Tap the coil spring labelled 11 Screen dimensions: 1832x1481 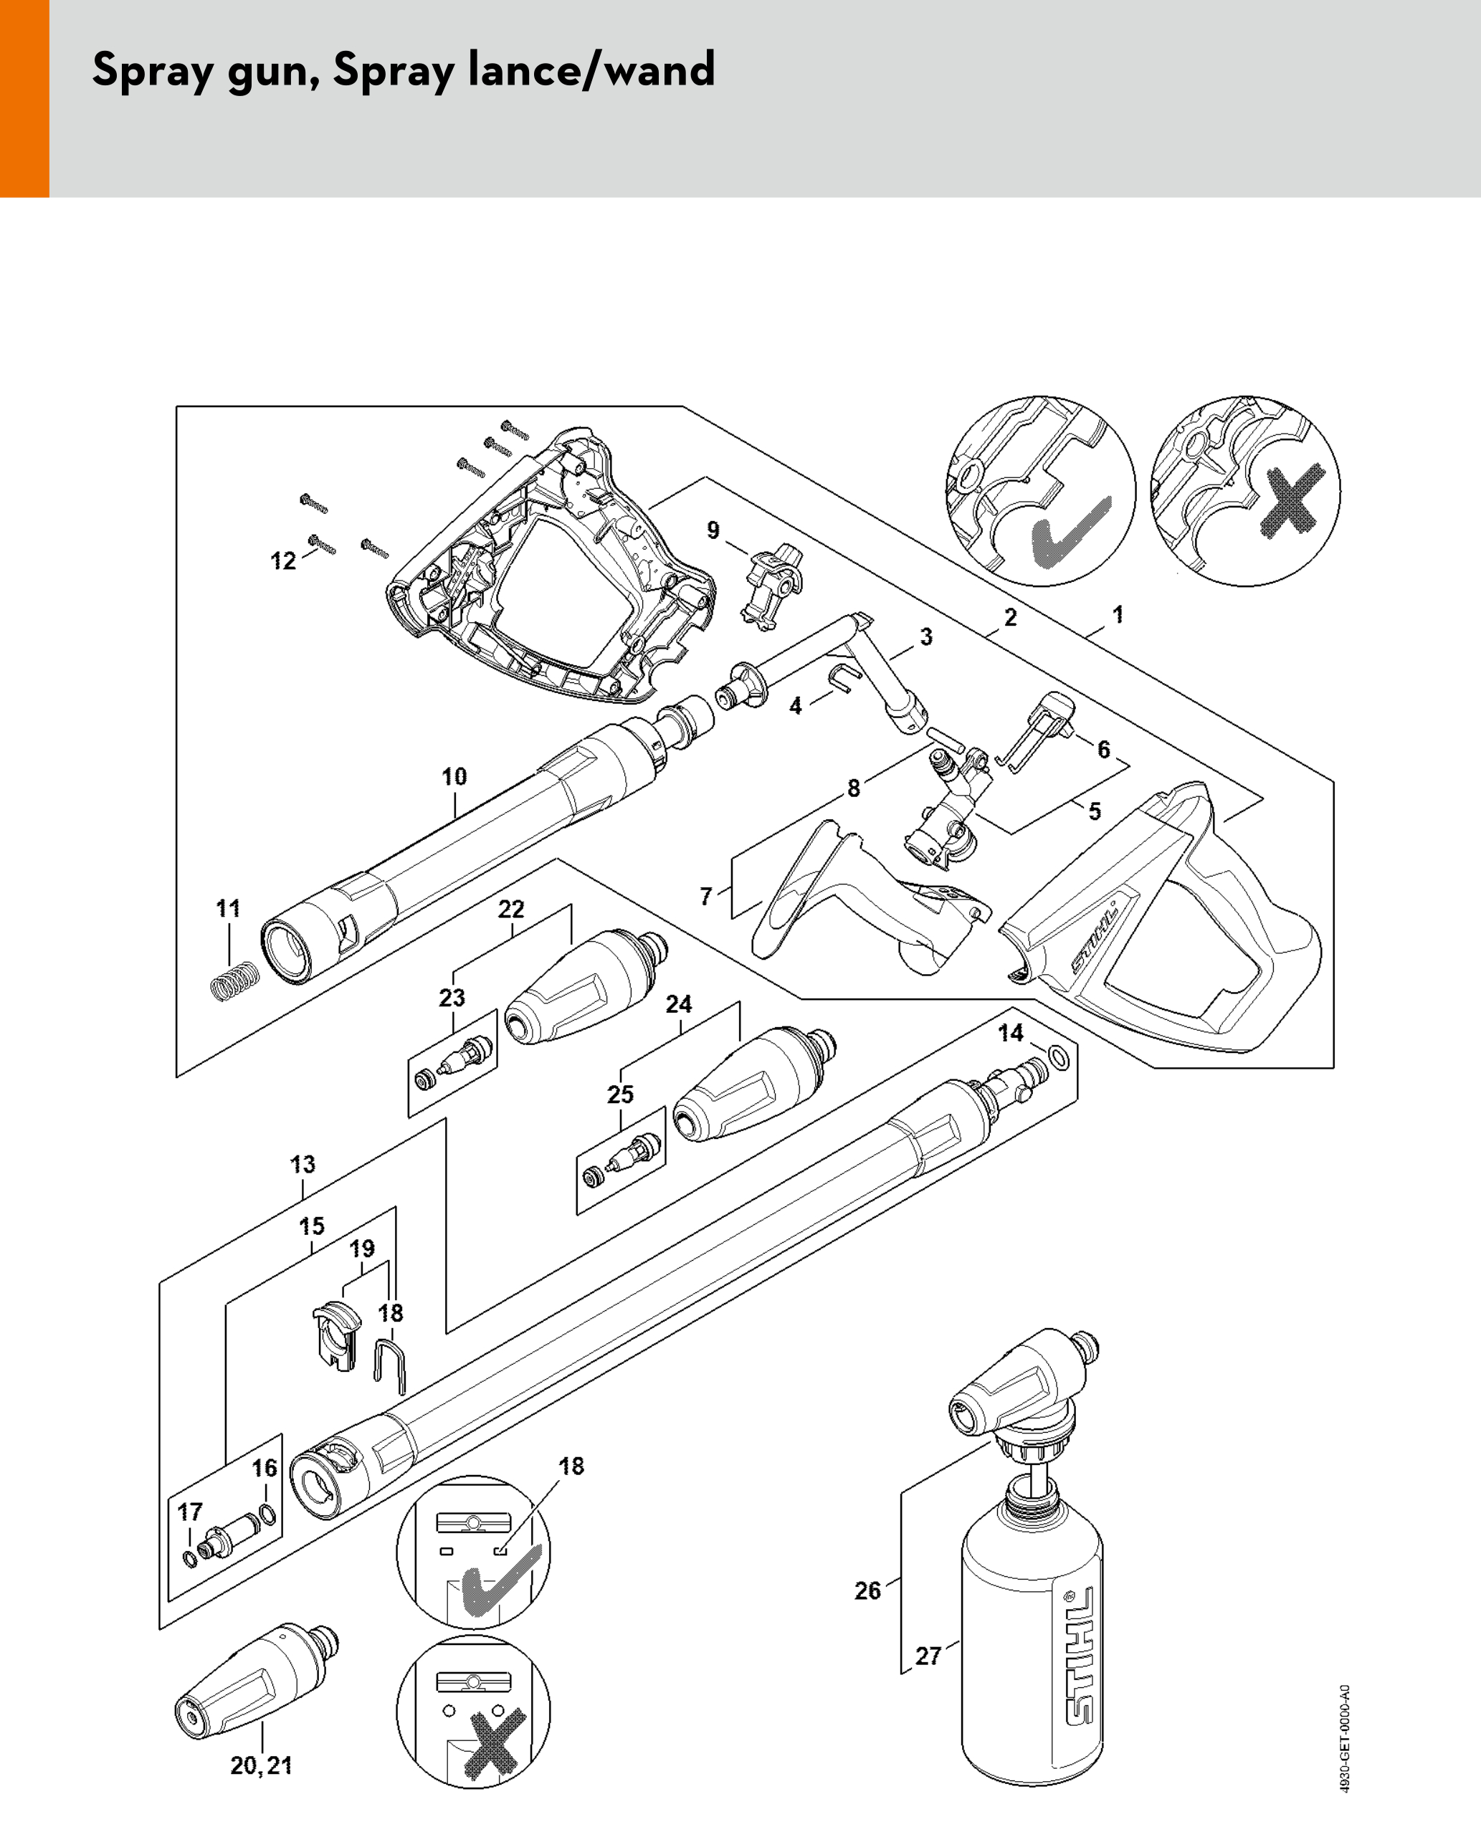point(234,981)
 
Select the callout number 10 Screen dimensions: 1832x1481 point(454,776)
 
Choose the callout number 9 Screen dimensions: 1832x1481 point(713,530)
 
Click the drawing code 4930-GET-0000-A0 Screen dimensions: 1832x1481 point(1345,1740)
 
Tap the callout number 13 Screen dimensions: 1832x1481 point(303,1164)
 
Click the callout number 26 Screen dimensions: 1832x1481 point(867,1590)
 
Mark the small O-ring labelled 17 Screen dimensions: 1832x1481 point(189,1560)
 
